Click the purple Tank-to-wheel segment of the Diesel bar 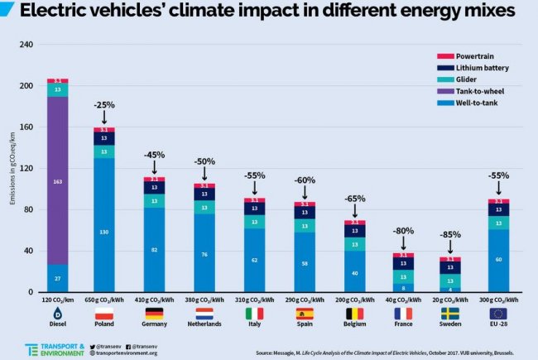click(x=57, y=180)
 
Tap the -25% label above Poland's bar click(x=104, y=105)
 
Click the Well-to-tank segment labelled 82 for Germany click(x=154, y=248)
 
